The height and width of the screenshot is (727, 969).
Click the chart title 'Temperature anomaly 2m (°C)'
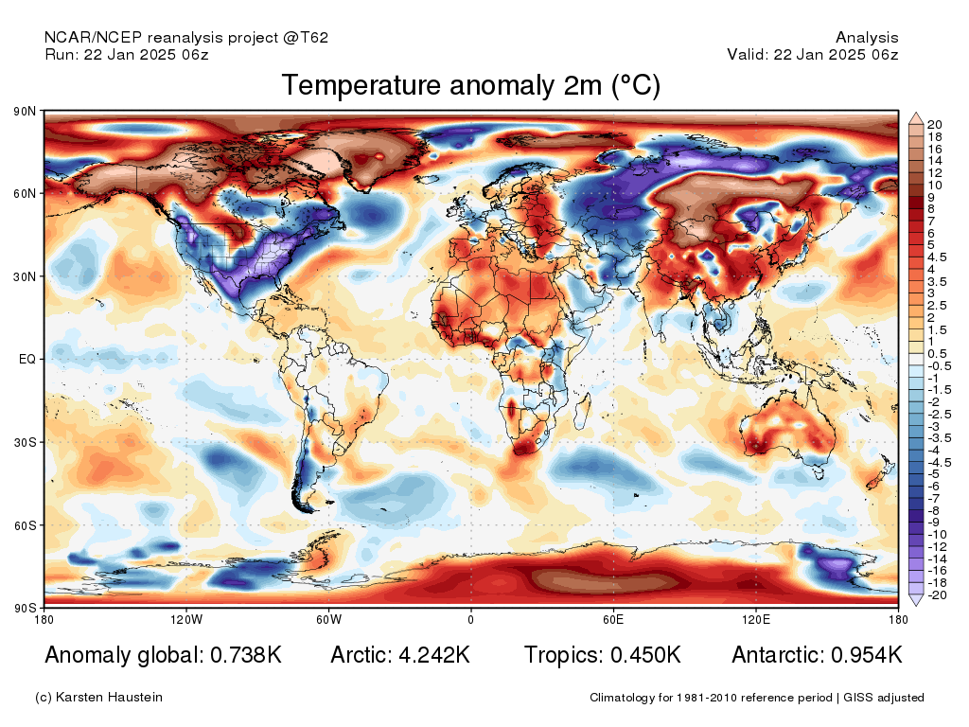click(471, 85)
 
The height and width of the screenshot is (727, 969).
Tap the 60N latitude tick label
click(25, 193)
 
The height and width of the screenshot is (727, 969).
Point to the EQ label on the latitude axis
click(27, 359)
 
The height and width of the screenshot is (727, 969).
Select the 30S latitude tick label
click(25, 443)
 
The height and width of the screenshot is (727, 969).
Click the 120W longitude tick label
click(186, 619)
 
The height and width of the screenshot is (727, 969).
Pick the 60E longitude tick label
click(613, 619)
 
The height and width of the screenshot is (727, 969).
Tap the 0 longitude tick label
click(471, 619)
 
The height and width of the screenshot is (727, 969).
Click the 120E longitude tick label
click(756, 619)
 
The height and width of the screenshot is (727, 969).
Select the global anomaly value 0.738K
click(246, 655)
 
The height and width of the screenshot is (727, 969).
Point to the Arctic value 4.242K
click(434, 655)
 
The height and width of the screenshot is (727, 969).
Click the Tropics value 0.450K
click(645, 655)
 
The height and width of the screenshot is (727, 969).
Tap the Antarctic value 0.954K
click(867, 655)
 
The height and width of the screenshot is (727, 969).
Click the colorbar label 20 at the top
click(934, 125)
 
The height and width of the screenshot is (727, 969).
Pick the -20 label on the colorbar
click(937, 595)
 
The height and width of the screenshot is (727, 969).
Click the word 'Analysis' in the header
click(867, 38)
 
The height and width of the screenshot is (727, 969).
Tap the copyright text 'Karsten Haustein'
click(109, 698)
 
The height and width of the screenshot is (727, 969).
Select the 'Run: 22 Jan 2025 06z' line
click(127, 54)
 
